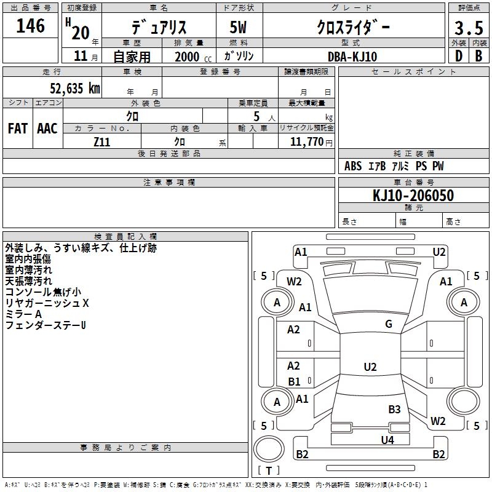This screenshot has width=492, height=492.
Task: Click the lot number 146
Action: [31, 26]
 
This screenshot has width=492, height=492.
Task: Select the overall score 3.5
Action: [469, 28]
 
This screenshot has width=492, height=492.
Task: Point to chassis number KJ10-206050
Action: [413, 196]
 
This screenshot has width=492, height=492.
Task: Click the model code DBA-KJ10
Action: [352, 57]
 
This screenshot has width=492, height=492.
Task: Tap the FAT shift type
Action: [18, 129]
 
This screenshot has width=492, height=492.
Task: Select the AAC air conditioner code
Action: [47, 129]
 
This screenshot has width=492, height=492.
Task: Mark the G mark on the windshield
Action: [389, 324]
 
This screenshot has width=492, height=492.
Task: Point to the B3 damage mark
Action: [394, 409]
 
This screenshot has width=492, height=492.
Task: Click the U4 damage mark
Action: [387, 440]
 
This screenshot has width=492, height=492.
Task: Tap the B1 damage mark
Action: [294, 381]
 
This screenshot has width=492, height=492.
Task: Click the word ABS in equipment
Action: [353, 166]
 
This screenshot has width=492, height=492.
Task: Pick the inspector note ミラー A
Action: [23, 314]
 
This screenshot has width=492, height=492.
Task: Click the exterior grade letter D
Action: [458, 55]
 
